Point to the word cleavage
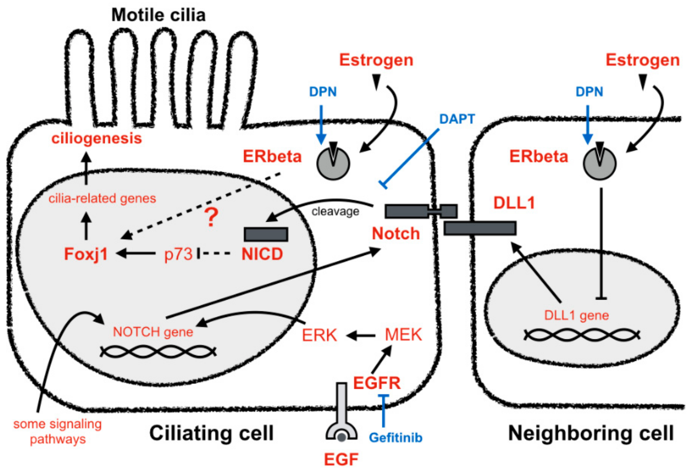(335, 211)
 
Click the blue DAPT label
(457, 119)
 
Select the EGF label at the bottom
(341, 460)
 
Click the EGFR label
(377, 383)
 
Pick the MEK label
(403, 335)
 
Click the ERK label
(319, 336)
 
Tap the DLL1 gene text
(576, 315)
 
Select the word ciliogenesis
(97, 138)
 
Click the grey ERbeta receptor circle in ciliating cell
(333, 164)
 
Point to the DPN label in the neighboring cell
(589, 92)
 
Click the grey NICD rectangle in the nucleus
(266, 235)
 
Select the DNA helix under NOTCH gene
(158, 352)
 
